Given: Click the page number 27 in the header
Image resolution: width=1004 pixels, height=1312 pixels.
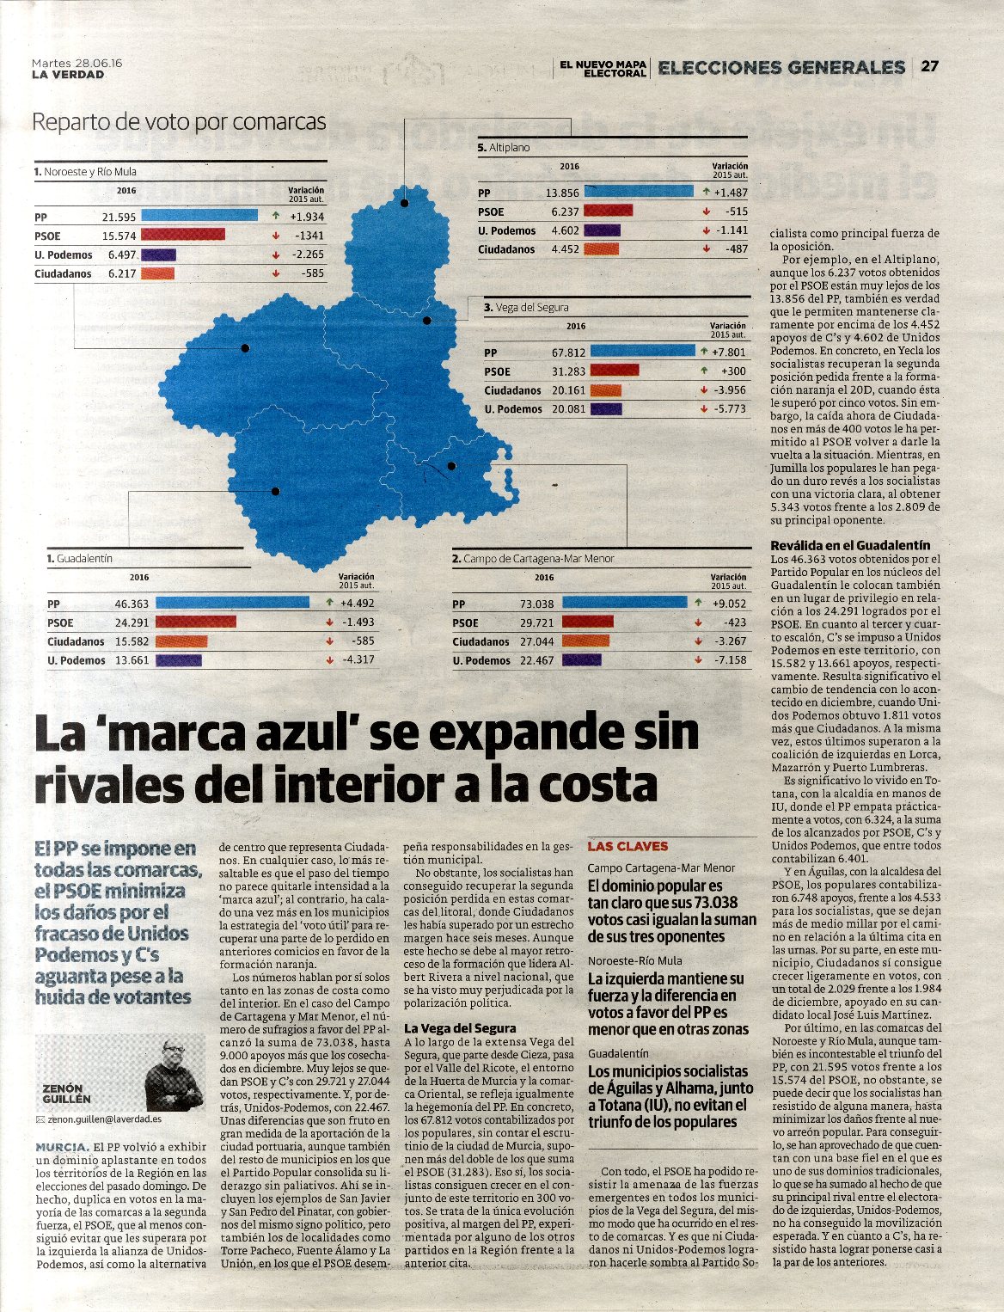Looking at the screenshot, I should tap(930, 66).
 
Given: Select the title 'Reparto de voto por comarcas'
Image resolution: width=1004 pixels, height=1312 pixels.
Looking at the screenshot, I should tap(179, 122).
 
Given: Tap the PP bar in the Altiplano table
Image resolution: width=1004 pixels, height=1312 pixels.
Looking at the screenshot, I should tap(638, 192).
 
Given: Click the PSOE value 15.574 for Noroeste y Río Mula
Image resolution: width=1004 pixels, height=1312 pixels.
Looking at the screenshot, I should tap(119, 236).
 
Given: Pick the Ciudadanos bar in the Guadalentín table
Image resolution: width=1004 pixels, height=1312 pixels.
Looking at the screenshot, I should tap(181, 641).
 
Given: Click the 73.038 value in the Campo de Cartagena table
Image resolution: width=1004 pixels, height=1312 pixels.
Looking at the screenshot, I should tap(537, 604).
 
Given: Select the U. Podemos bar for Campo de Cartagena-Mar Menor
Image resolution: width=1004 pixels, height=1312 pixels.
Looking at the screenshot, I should tap(581, 660).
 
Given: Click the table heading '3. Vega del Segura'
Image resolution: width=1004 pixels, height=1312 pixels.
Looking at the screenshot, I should tap(526, 307).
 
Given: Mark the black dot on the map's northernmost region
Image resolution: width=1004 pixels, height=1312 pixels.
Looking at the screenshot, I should tap(404, 203).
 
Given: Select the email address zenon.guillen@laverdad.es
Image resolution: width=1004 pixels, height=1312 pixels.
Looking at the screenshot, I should tap(104, 1120).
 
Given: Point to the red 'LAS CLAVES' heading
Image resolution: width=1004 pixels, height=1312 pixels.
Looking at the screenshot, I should tap(627, 847).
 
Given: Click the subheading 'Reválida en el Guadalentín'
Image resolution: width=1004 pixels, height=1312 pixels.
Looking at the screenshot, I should tap(850, 545).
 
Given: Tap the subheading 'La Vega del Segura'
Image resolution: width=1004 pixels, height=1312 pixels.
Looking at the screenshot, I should tap(460, 1028).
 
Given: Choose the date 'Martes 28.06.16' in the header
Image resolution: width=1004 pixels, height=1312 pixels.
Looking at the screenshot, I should tap(77, 63).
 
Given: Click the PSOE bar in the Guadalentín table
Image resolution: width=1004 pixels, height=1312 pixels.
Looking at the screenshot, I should tap(196, 622).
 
